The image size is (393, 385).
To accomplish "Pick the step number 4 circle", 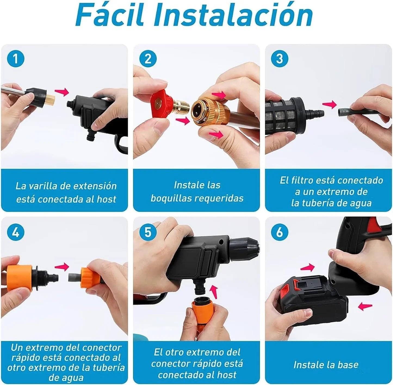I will [16, 233].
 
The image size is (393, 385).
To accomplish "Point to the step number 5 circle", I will [148, 233].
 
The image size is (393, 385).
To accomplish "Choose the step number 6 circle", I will [280, 233].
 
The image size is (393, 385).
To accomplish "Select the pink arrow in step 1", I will [62, 92].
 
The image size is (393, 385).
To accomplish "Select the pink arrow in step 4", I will [62, 267].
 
